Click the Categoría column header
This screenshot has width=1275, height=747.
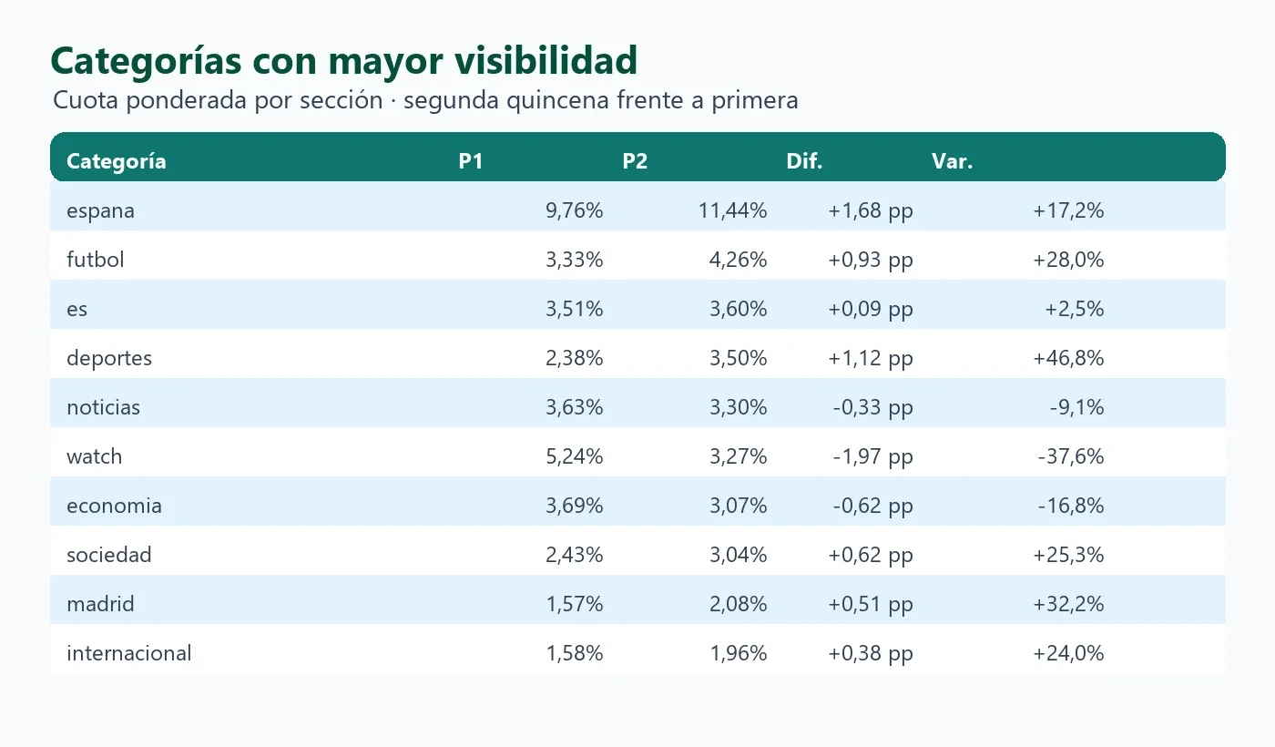click(117, 162)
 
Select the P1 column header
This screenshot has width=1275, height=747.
click(471, 161)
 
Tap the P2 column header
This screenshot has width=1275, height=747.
click(635, 161)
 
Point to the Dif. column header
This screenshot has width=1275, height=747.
click(804, 161)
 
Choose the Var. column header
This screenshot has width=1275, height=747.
click(953, 161)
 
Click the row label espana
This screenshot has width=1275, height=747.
click(101, 211)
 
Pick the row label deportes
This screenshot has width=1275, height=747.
click(109, 359)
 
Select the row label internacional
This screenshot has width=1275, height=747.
click(129, 653)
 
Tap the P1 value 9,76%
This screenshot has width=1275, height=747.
click(575, 210)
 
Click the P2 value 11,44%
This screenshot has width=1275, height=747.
click(732, 210)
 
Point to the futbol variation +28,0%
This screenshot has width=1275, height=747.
click(1068, 260)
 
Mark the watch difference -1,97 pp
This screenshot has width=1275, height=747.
click(872, 457)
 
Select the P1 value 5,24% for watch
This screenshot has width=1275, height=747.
click(575, 456)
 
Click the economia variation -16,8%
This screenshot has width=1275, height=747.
click(1071, 506)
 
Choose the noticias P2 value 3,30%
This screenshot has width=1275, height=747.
click(739, 407)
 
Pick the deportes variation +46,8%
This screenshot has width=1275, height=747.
click(1068, 358)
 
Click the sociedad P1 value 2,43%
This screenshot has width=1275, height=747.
click(575, 555)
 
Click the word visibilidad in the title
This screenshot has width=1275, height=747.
click(546, 60)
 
